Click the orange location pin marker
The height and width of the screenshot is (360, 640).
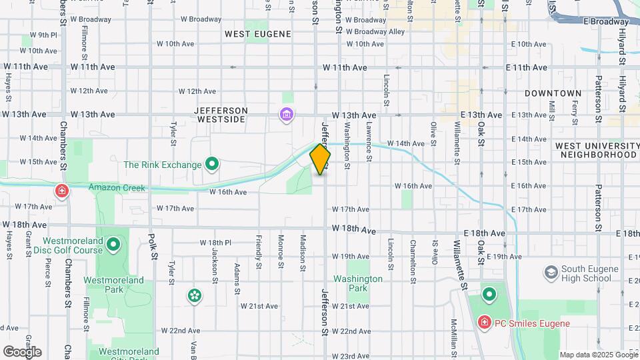[320, 159]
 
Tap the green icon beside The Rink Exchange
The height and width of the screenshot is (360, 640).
[213, 163]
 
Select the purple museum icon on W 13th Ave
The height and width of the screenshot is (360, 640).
[287, 115]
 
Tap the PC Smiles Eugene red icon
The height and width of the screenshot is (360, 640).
[485, 323]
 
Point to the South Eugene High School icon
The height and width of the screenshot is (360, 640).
[551, 273]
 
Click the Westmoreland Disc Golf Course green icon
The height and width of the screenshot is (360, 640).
[113, 245]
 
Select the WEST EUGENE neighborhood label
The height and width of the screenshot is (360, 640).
[257, 34]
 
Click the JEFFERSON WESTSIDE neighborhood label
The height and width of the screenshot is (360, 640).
[221, 115]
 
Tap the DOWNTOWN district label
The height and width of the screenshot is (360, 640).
[553, 93]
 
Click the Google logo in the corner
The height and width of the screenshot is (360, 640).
[22, 351]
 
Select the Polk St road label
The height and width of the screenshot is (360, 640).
[153, 246]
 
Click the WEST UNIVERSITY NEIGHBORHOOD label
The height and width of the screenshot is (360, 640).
[596, 150]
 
